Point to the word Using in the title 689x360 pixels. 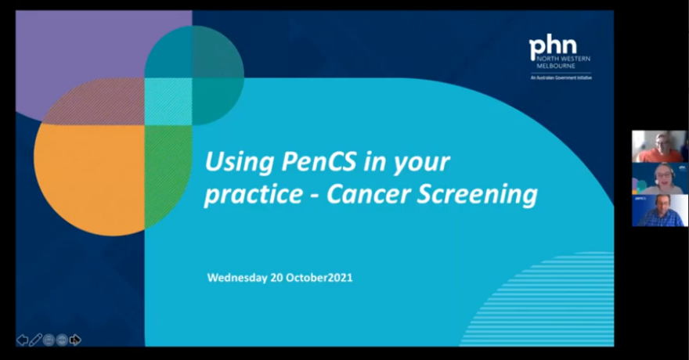(233, 163)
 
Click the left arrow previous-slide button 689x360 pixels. (23, 340)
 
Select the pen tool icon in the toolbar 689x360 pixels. (36, 340)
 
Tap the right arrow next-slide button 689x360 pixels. (75, 340)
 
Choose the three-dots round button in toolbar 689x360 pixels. (62, 340)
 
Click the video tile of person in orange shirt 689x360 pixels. (659, 146)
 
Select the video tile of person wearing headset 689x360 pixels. (659, 178)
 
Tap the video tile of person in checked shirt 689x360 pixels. (659, 211)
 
